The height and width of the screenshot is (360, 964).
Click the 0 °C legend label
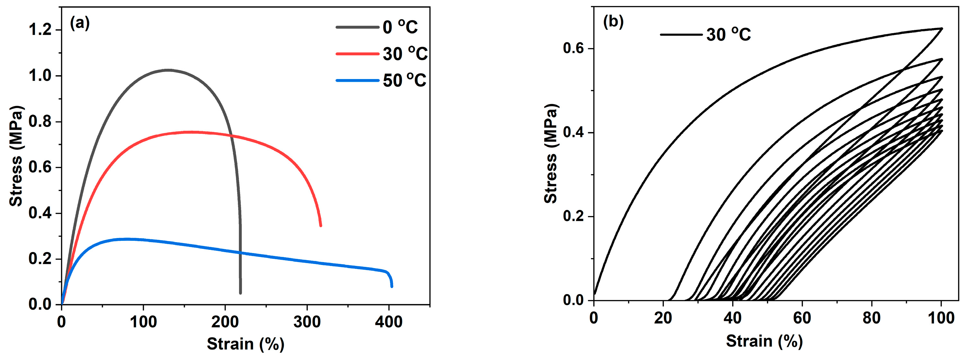[400, 27]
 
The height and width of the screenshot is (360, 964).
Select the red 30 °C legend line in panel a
[357, 54]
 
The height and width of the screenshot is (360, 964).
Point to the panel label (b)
[613, 22]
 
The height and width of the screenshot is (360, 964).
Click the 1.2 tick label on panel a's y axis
[40, 30]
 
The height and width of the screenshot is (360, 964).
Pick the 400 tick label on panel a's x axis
[388, 322]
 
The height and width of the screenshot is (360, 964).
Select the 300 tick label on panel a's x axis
[307, 322]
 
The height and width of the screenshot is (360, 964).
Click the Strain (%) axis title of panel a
[246, 344]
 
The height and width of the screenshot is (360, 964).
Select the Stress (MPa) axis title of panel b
[551, 154]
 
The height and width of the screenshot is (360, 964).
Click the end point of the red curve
[320, 225]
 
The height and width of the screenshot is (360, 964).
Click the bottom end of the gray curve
[240, 293]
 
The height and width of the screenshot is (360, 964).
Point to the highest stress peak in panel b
[941, 29]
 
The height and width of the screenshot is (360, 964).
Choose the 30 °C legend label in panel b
[728, 35]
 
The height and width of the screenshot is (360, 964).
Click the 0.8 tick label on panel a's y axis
[40, 122]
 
